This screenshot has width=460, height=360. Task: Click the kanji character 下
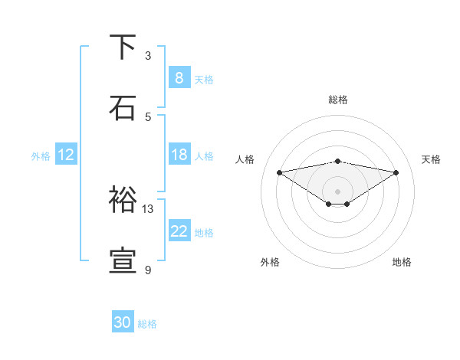[123, 47]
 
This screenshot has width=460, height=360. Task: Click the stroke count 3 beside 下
[148, 56]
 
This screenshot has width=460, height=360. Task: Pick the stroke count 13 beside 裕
[148, 208]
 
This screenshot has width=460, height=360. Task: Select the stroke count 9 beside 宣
[148, 270]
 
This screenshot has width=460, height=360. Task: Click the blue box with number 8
[179, 78]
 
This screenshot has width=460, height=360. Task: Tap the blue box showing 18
[179, 155]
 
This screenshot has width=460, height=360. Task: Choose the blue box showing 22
[179, 231]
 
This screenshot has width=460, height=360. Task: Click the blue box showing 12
[65, 155]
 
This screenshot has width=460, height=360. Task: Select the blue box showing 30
[123, 322]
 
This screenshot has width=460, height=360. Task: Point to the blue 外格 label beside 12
[41, 155]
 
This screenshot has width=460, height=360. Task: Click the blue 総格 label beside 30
[147, 324]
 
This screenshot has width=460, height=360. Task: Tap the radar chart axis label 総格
[338, 100]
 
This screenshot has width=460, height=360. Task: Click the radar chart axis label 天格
[432, 159]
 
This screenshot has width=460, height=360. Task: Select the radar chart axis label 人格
[245, 159]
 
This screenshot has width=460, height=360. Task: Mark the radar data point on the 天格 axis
[396, 172]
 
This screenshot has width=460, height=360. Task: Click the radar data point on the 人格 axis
[280, 172]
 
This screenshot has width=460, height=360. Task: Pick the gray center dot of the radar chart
[338, 191]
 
